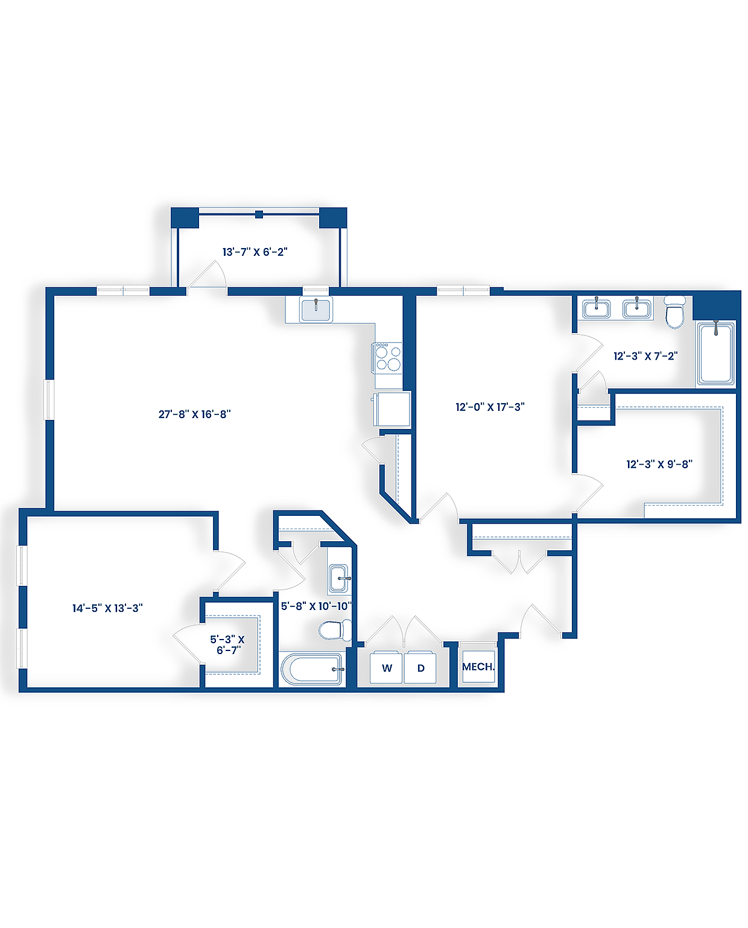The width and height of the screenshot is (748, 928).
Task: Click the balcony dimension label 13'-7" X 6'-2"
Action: coord(255,252)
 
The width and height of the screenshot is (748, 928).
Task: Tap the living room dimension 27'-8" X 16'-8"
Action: coord(194,415)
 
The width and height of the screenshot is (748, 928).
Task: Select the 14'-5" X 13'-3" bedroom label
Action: coord(107,608)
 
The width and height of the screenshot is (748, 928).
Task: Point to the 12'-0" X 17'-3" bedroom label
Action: coord(490,407)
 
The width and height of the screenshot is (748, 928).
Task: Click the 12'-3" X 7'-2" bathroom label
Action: coord(645,356)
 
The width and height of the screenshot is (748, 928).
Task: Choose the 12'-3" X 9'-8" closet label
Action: coord(659,464)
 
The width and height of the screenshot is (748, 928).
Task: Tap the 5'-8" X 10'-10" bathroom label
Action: coord(316,606)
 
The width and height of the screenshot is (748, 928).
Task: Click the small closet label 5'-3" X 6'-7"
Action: coord(228,644)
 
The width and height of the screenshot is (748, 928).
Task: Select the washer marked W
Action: coord(387,668)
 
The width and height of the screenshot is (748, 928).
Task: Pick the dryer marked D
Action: coord(420,668)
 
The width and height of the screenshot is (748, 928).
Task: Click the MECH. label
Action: coord(478,667)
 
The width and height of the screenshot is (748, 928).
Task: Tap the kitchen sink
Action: coord(315,309)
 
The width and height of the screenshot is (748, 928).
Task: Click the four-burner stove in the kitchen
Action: coord(388,357)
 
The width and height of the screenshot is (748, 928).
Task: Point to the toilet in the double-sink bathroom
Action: coord(675,312)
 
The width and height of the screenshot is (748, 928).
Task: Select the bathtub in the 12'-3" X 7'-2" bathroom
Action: coord(716,354)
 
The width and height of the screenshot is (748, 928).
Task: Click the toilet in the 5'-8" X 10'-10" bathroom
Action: coord(334,631)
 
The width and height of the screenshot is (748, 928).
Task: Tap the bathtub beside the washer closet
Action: coord(311,670)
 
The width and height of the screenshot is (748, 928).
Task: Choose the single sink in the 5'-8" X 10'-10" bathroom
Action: coord(338,579)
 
